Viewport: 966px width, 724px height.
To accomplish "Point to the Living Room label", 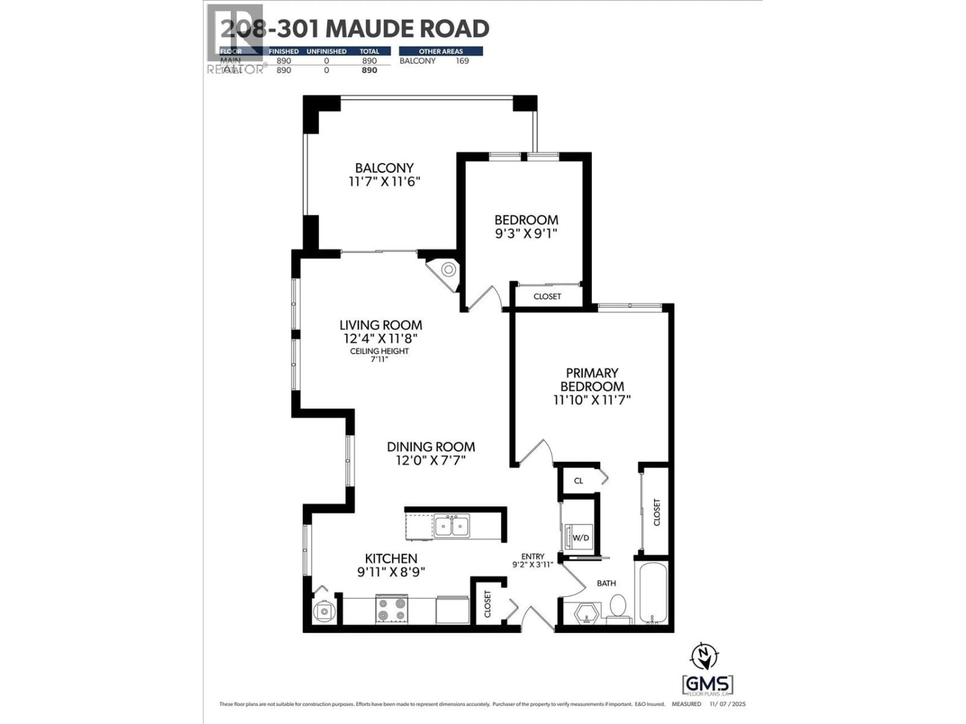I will click(x=381, y=325).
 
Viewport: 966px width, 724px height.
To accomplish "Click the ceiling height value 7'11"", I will click(x=379, y=359).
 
